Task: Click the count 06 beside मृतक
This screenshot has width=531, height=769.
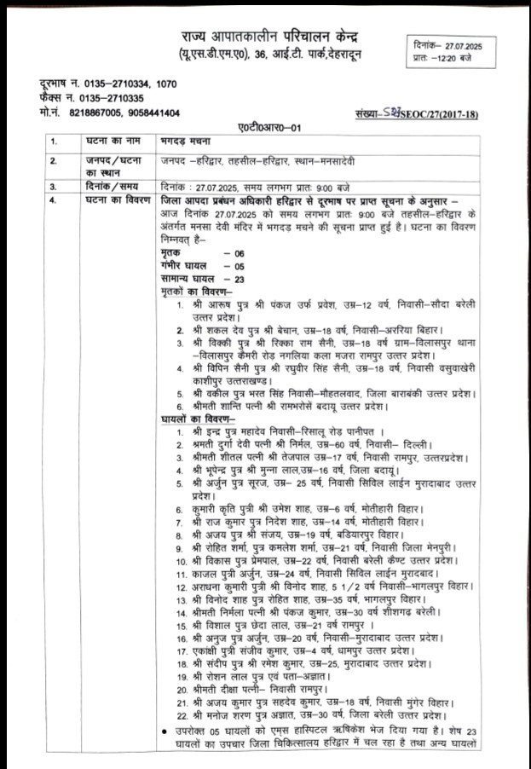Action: click(233, 254)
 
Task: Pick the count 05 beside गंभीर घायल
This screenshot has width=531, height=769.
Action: click(233, 266)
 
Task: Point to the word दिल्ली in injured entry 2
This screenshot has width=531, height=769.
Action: click(409, 445)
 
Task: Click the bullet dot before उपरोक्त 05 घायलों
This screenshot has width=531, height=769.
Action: click(164, 731)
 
